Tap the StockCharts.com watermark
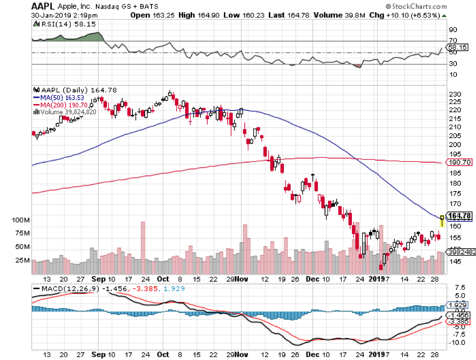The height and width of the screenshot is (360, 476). [415, 7]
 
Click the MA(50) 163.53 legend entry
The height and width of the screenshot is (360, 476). [61, 97]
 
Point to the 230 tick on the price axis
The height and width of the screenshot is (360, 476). [455, 94]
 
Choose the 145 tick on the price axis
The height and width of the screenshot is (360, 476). [455, 262]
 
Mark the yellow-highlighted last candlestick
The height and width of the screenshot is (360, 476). [442, 221]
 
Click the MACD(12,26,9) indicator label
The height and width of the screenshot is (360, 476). [64, 290]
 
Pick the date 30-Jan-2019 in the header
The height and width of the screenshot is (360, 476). [50, 15]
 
